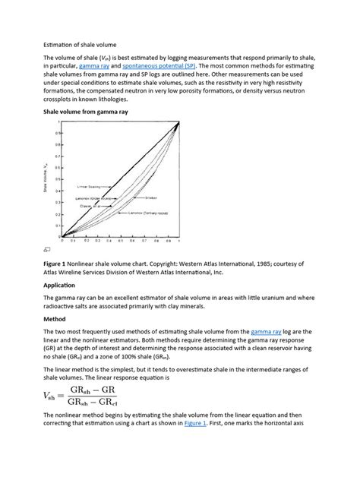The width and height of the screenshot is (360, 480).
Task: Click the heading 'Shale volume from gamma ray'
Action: pyautogui.click(x=86, y=110)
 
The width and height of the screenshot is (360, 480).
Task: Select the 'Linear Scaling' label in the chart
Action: pyautogui.click(x=90, y=184)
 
